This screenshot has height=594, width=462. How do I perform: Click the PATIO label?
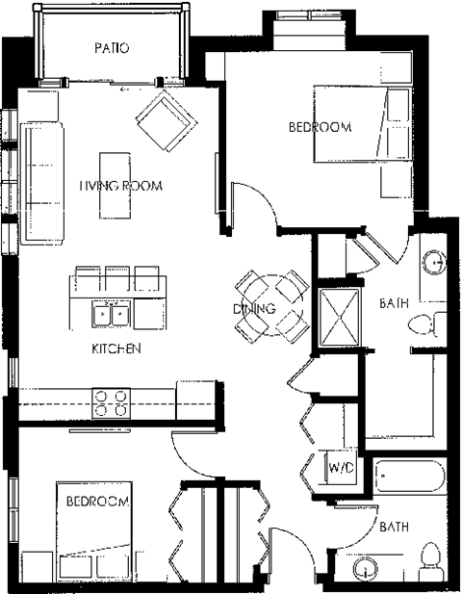(112, 47)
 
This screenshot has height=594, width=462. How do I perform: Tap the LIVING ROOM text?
(119, 185)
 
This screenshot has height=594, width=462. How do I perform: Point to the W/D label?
(341, 468)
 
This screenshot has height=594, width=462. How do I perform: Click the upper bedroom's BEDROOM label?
(321, 126)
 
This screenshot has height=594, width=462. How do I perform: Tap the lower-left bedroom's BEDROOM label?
(97, 502)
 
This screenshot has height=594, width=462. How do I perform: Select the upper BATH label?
(394, 303)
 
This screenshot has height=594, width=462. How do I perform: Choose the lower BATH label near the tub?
(395, 527)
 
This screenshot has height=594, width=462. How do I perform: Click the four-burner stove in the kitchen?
(111, 401)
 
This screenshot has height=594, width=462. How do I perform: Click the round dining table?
(272, 307)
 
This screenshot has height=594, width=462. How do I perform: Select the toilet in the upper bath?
(425, 324)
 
